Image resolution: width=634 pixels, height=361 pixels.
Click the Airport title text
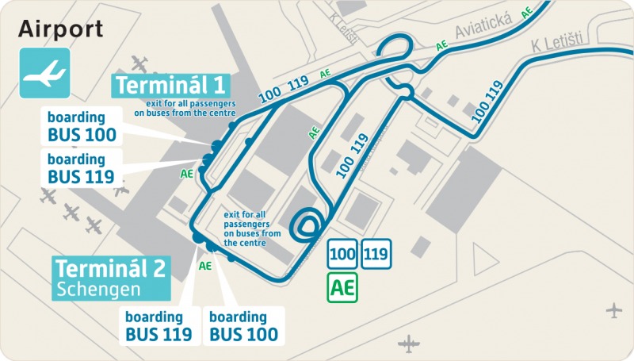pyautogui.click(x=61, y=30)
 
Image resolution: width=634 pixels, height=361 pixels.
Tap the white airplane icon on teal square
pyautogui.click(x=44, y=74)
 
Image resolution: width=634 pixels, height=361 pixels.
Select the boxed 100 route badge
pyautogui.click(x=342, y=255)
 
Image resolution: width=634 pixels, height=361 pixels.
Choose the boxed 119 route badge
pyautogui.click(x=376, y=255)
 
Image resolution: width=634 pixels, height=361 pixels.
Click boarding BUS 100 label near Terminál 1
pyautogui.click(x=82, y=125)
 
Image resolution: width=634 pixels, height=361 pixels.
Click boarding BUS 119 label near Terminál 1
pyautogui.click(x=82, y=167)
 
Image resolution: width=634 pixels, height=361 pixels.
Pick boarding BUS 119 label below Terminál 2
pyautogui.click(x=158, y=325)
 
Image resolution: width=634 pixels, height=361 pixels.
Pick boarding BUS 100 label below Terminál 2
pyautogui.click(x=243, y=325)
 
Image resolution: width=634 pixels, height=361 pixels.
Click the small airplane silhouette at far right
pyautogui.click(x=613, y=309)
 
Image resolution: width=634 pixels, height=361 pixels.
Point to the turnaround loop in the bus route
pyautogui.click(x=307, y=224)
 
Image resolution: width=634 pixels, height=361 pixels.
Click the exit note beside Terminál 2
pyautogui.click(x=252, y=229)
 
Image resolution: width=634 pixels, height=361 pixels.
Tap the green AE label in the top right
pyautogui.click(x=526, y=13)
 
